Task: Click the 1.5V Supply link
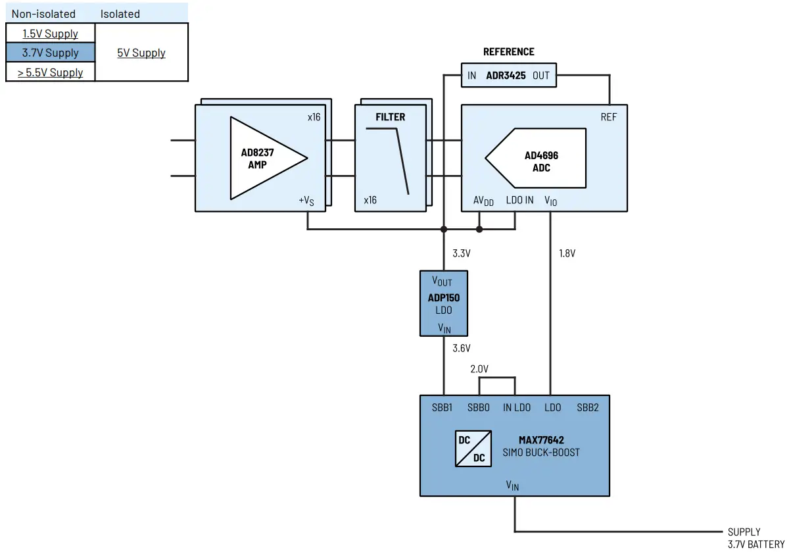[50, 34]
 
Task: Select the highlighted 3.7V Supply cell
[50, 53]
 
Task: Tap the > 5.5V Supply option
[50, 72]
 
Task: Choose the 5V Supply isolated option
[141, 53]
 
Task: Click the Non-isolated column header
[43, 14]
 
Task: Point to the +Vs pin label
[306, 201]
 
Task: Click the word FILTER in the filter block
[391, 117]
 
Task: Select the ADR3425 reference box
[507, 76]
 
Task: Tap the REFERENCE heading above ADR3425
[508, 52]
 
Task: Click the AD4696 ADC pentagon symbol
[537, 158]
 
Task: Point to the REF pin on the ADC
[608, 117]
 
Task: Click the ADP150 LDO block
[444, 303]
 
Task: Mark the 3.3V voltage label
[462, 253]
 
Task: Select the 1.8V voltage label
[567, 253]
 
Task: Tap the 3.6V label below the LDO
[462, 349]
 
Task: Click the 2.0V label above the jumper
[479, 369]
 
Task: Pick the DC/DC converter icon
[473, 449]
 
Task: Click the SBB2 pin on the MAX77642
[588, 407]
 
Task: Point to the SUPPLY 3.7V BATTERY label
[755, 538]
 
